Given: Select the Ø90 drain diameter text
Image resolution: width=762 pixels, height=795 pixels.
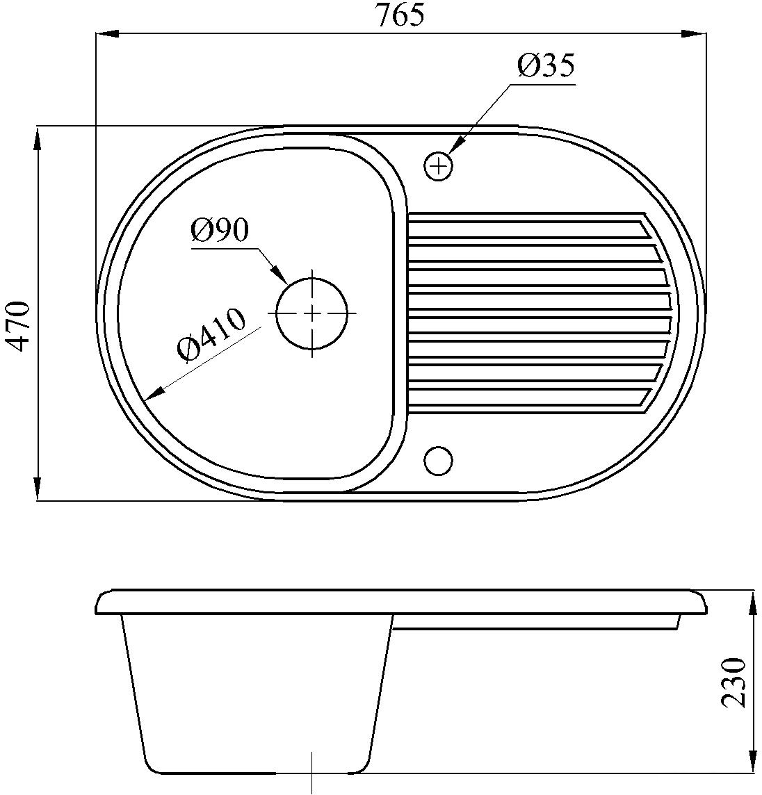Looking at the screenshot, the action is click(x=220, y=231).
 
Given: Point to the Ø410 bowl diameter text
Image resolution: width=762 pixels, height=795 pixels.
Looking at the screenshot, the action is click(x=211, y=335).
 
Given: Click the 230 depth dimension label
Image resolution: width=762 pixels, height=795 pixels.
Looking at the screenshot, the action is click(x=733, y=682).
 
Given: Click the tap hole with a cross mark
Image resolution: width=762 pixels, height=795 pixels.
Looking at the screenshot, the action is click(x=437, y=165).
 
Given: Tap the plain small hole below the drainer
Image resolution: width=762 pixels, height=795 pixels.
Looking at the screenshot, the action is click(x=437, y=460).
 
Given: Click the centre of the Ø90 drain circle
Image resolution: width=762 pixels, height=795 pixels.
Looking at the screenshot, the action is click(x=312, y=313).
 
